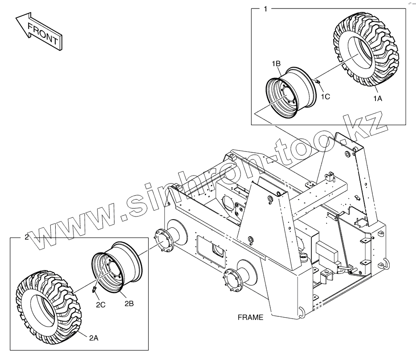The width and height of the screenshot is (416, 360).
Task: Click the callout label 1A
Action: pyautogui.click(x=377, y=98)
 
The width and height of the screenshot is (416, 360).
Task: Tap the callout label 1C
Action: pyautogui.click(x=326, y=96)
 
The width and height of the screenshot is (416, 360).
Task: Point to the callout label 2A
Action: pyautogui.click(x=93, y=338)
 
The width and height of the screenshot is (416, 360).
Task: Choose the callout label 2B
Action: pyautogui.click(x=129, y=304)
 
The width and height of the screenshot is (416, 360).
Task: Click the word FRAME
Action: pyautogui.click(x=250, y=318)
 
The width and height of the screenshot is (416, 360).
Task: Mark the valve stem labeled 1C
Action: pyautogui.click(x=318, y=82)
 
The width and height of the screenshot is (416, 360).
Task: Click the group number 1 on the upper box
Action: pyautogui.click(x=266, y=9)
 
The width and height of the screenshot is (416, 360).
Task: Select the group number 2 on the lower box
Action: pyautogui.click(x=26, y=237)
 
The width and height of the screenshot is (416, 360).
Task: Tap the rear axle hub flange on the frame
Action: pyautogui.click(x=233, y=281)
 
